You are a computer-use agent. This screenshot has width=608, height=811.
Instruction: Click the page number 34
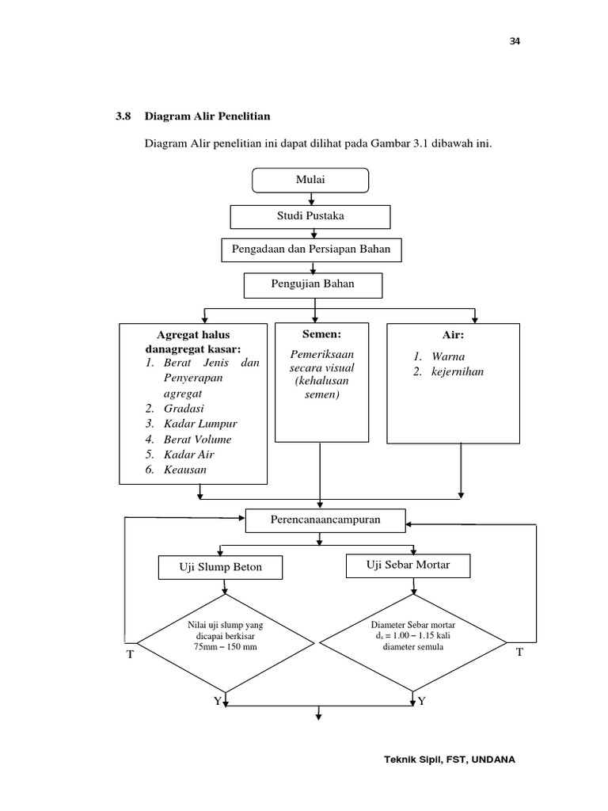(x=514, y=42)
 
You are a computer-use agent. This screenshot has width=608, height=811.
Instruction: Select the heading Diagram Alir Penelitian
(x=207, y=116)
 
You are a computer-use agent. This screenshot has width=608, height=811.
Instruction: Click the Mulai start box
(x=310, y=181)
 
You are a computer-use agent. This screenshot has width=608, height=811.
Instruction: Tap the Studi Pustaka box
(x=310, y=216)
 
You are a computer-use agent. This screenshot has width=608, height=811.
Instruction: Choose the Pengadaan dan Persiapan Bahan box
(x=310, y=250)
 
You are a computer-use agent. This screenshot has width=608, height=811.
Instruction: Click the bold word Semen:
(x=321, y=335)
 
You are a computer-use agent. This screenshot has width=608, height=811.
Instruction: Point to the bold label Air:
(x=453, y=336)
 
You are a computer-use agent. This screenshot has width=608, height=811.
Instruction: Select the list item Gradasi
(x=184, y=408)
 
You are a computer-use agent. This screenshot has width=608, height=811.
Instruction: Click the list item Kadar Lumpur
(x=200, y=424)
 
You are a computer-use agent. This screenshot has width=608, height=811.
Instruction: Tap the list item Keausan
(x=185, y=470)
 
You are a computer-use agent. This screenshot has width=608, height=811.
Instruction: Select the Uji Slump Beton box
(x=221, y=567)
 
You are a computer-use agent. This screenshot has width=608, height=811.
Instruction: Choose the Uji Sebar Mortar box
(x=408, y=565)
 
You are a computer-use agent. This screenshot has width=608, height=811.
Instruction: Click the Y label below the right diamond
(x=421, y=701)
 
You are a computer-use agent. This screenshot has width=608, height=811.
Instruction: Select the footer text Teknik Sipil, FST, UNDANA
(x=449, y=759)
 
